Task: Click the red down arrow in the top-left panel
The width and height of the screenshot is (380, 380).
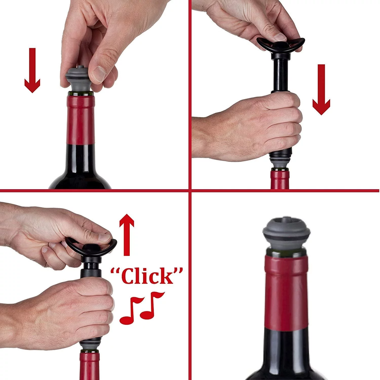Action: (x=32, y=71)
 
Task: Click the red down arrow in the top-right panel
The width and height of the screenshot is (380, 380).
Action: (x=321, y=90)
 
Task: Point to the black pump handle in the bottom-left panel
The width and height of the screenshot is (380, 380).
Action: (x=91, y=247)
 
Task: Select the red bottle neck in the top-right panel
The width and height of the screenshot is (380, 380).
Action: (x=280, y=180)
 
